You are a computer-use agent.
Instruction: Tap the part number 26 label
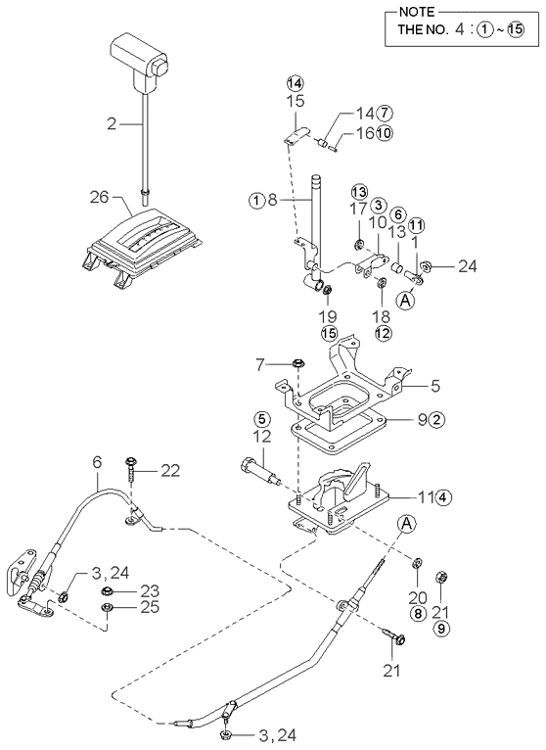pos(99,197)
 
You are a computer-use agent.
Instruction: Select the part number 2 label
pos(111,124)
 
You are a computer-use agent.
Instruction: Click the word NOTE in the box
pos(417,12)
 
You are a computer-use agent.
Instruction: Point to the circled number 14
pos(296,83)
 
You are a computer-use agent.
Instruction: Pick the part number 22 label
pos(170,471)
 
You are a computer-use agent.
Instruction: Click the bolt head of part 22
pos(130,461)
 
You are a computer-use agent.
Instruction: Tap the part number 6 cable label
pos(97,461)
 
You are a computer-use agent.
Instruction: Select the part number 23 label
pos(149,591)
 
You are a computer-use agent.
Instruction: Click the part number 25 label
pos(149,607)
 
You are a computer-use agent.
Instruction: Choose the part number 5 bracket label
pos(434,386)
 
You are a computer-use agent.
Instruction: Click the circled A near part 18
pos(405,301)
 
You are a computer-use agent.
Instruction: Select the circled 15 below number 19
pos(330,333)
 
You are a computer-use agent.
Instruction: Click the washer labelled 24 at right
pos(425,266)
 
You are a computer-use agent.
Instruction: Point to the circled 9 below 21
pos(441,629)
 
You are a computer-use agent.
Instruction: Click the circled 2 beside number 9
pos(436,420)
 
